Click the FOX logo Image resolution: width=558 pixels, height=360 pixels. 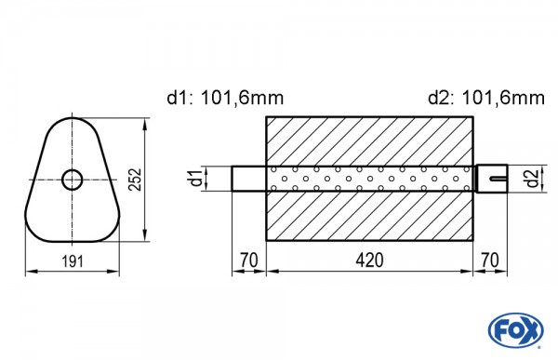click(x=515, y=330)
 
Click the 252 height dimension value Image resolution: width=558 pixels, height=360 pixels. click(x=135, y=180)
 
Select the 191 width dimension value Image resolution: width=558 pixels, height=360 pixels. click(x=73, y=261)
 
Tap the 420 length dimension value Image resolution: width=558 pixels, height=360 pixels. click(x=369, y=260)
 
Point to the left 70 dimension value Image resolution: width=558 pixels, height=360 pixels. click(x=248, y=260)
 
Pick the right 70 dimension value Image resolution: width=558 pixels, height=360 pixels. click(x=490, y=260)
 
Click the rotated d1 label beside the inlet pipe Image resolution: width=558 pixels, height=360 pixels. click(x=197, y=179)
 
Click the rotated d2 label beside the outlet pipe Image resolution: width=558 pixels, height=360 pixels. click(x=532, y=179)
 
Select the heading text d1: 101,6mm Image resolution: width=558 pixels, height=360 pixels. click(x=225, y=98)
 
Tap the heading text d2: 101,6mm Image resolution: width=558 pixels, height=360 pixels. click(x=486, y=98)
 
